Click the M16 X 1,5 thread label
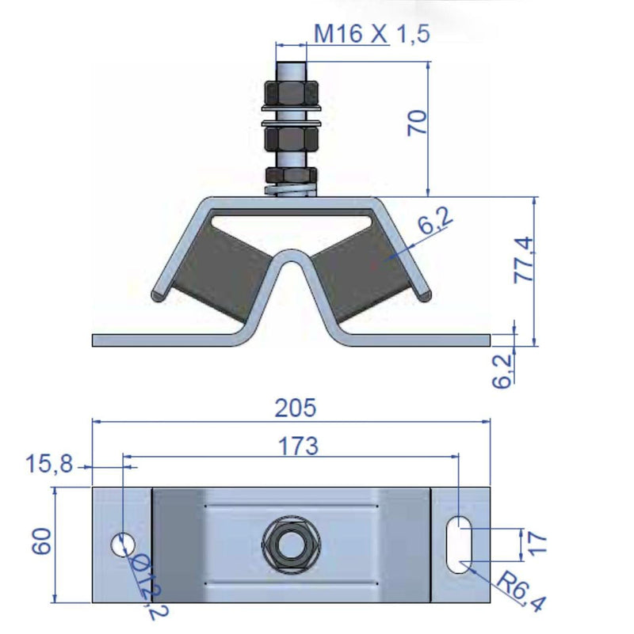(372, 34)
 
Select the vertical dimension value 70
(417, 123)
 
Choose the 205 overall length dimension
(295, 408)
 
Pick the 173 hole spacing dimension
(297, 446)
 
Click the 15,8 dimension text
(50, 465)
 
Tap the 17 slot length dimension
(538, 543)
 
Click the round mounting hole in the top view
(122, 544)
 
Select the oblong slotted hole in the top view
(458, 544)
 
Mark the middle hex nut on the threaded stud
(290, 141)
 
